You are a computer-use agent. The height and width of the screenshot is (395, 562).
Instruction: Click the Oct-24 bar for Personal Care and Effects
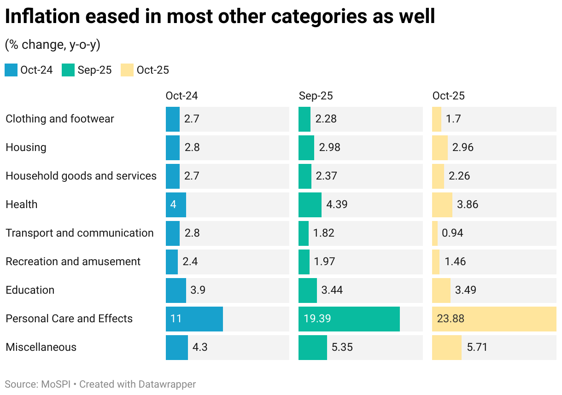click(194, 319)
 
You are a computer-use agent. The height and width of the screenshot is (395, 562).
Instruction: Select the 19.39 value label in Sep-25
click(317, 319)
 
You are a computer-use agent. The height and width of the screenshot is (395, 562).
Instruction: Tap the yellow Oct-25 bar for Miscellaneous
click(446, 347)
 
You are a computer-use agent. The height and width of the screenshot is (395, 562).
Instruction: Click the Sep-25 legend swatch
click(68, 70)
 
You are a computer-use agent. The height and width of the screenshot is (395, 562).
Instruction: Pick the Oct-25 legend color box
click(127, 70)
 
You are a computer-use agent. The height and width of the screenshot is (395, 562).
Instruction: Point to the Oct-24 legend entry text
click(36, 70)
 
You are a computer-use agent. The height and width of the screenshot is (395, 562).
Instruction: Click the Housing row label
click(26, 147)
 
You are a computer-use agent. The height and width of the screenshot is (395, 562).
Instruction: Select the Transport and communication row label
click(79, 233)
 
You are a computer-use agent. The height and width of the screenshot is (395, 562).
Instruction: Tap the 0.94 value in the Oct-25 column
click(452, 233)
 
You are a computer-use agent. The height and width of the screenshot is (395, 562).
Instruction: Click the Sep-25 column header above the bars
click(316, 96)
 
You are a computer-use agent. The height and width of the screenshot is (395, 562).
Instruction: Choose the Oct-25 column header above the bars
click(448, 96)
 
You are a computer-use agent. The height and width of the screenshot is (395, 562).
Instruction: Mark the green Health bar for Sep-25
click(310, 204)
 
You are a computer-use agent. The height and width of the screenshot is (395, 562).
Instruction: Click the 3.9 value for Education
click(198, 290)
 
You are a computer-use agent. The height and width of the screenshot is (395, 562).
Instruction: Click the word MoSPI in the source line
click(54, 384)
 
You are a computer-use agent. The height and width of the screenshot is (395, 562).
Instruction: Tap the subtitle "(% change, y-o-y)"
click(52, 45)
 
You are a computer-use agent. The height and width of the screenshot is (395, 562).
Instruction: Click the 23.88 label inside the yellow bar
click(450, 319)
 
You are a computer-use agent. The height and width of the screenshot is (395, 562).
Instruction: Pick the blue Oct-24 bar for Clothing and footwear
click(172, 119)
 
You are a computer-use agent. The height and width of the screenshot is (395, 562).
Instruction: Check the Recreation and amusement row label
click(73, 261)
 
